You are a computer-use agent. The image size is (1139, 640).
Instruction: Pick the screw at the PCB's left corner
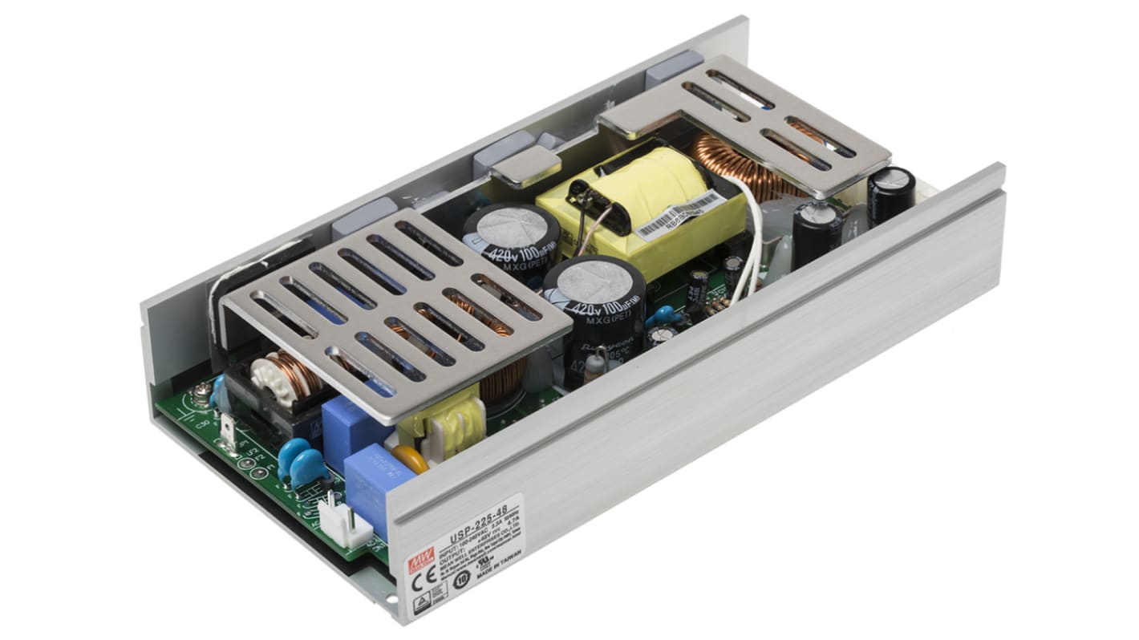198,394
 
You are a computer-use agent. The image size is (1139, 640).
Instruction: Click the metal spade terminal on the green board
228,434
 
